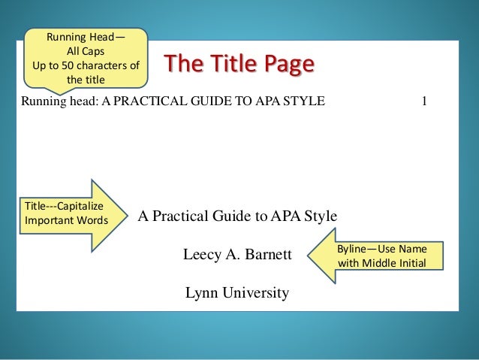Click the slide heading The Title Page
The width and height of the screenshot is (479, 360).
click(x=236, y=65)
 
